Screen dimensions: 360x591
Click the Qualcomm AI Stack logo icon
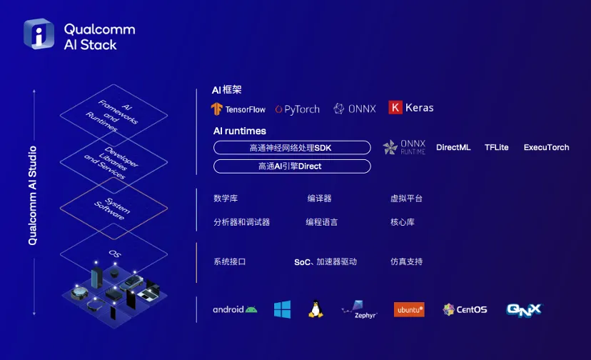tap(39, 34)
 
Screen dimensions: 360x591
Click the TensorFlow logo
tap(238, 109)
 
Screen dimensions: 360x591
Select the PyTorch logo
tap(298, 109)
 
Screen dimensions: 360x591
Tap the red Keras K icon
tap(395, 108)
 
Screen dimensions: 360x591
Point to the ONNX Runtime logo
tap(404, 147)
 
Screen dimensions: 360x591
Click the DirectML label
tap(453, 147)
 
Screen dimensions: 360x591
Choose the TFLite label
tap(497, 147)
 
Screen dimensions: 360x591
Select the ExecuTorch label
tap(546, 147)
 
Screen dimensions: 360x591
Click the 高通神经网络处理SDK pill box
tap(292, 148)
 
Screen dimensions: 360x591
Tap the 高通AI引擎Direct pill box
tap(292, 166)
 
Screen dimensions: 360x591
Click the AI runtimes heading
tap(240, 131)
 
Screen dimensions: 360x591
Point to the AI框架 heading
tap(228, 91)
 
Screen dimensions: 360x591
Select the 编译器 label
tap(319, 199)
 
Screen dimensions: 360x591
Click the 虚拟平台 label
tap(406, 199)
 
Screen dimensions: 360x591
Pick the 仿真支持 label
tap(406, 261)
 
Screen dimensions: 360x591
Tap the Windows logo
tap(283, 309)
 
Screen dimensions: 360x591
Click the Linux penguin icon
tap(315, 309)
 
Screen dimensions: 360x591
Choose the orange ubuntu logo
tap(409, 309)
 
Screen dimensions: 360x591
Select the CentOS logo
tap(465, 309)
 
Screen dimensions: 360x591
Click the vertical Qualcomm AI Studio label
tap(33, 196)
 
